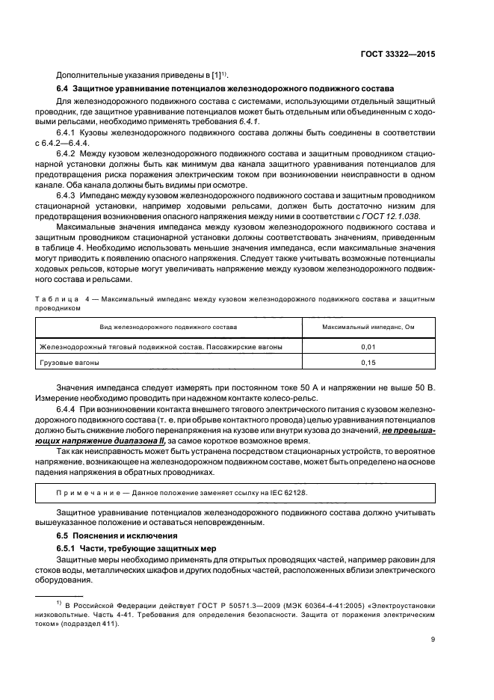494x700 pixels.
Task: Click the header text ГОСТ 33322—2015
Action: pos(401,55)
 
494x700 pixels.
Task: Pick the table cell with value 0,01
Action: pos(368,346)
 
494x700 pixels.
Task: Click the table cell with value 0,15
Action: pos(368,363)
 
